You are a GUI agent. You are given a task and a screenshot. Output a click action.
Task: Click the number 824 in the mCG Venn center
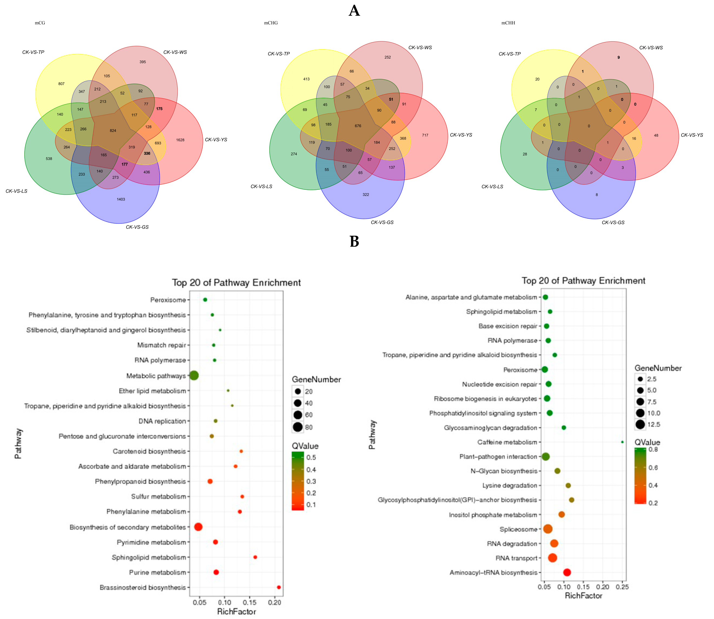click(113, 131)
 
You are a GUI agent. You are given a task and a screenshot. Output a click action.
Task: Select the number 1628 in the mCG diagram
click(180, 140)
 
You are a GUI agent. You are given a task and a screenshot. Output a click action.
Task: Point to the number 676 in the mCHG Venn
click(358, 126)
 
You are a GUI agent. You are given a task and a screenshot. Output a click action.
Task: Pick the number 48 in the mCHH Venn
click(656, 136)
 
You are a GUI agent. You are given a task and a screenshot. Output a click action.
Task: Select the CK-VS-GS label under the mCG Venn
click(137, 227)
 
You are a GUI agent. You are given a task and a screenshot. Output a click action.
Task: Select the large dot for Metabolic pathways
click(194, 375)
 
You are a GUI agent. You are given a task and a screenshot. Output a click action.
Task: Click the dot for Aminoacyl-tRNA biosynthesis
click(567, 572)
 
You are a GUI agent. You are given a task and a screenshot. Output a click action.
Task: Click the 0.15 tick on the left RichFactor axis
click(250, 603)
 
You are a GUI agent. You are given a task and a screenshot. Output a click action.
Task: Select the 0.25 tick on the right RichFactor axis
click(622, 587)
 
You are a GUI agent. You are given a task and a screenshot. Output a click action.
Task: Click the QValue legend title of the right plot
click(647, 442)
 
